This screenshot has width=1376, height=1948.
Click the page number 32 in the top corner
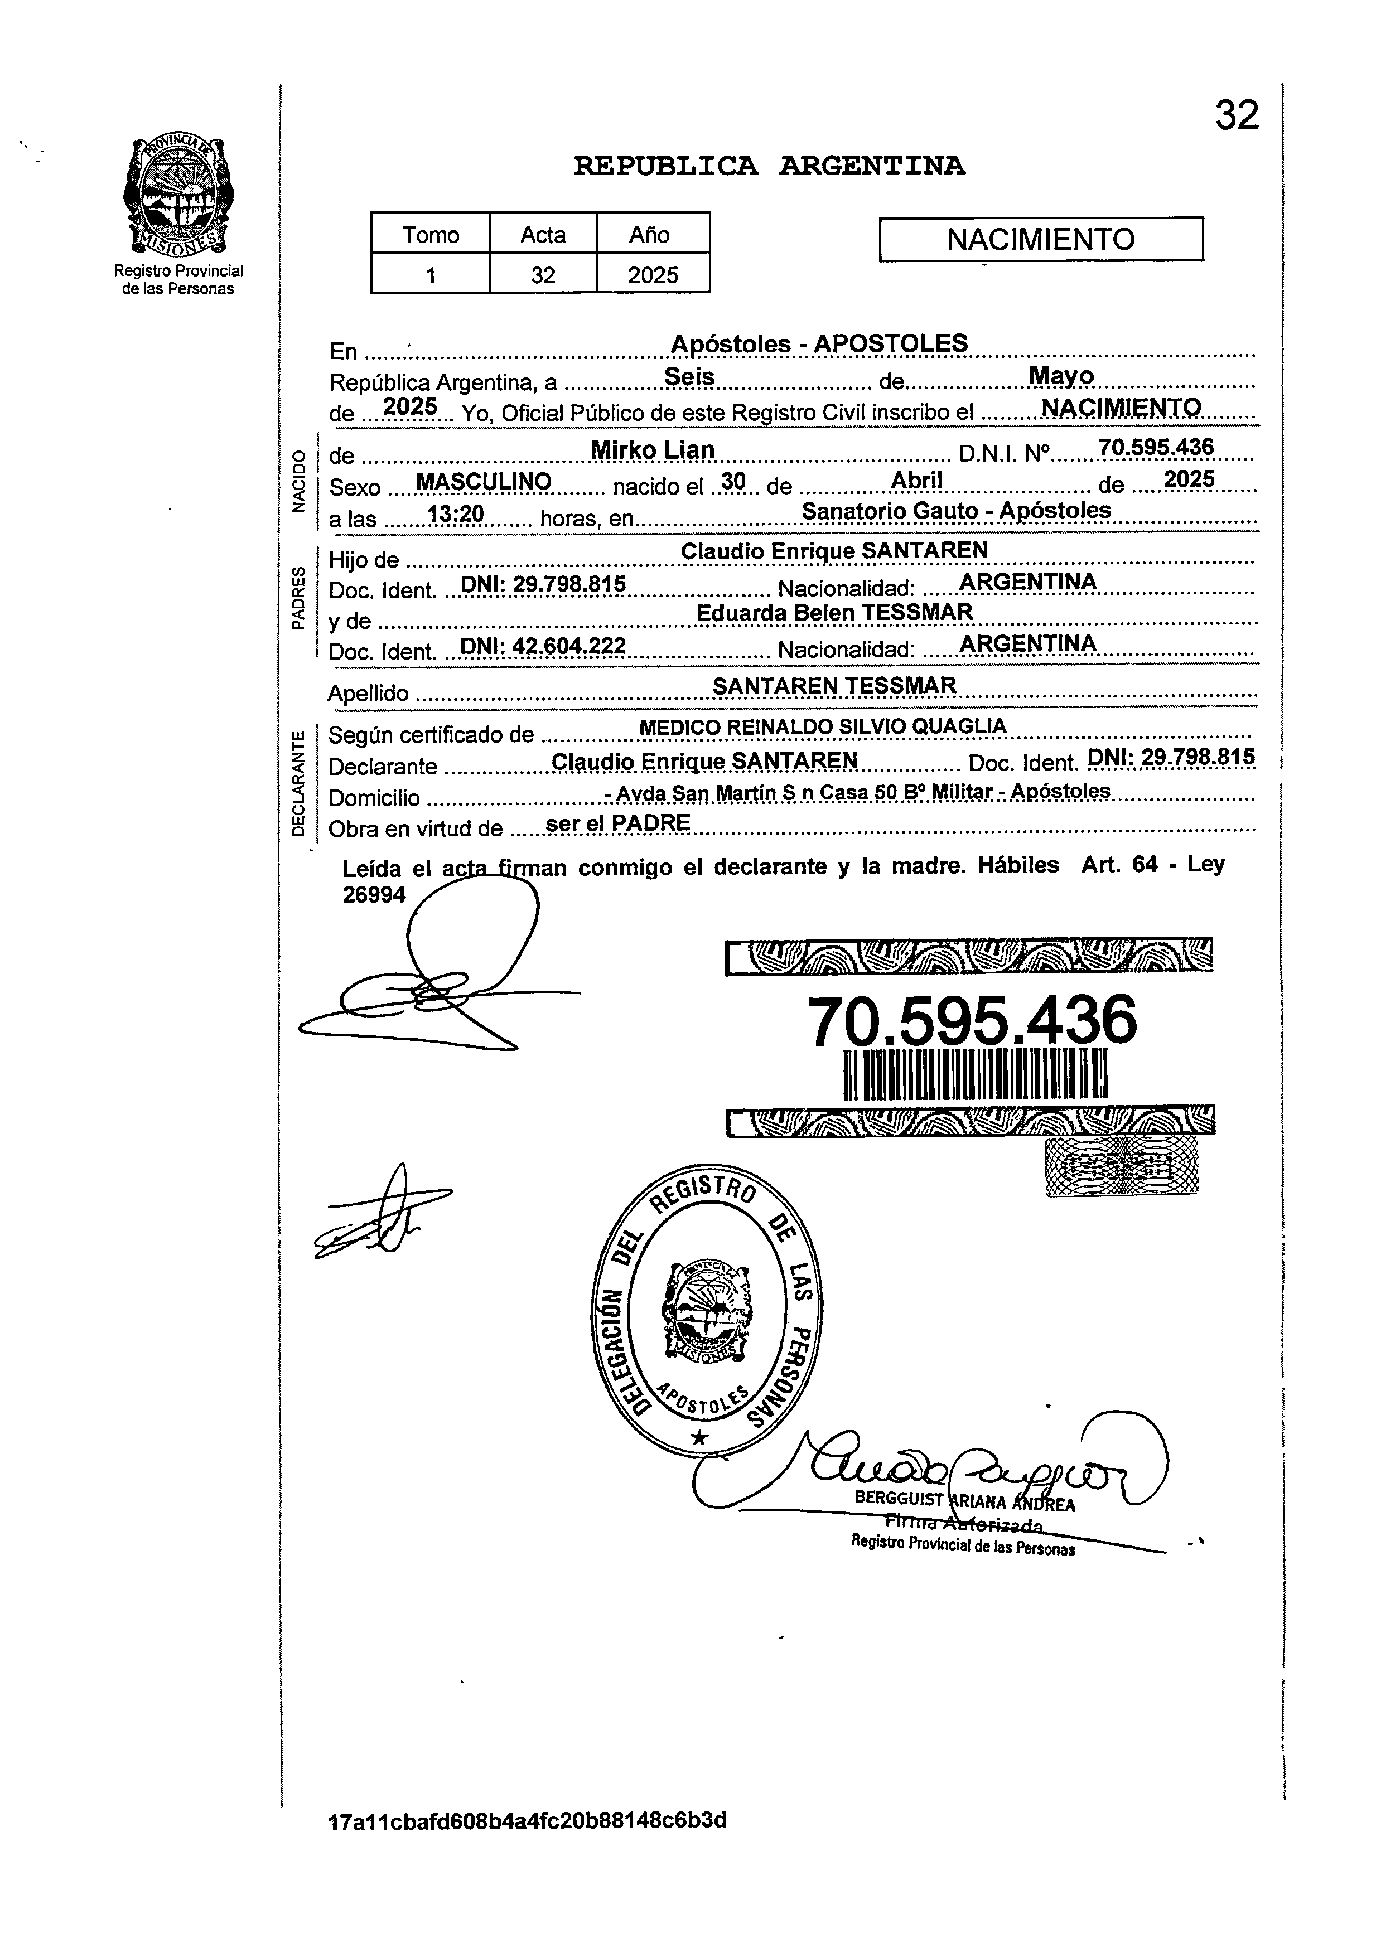(x=1237, y=115)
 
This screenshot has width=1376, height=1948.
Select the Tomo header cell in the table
(x=431, y=234)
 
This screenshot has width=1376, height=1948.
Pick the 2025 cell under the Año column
(x=653, y=275)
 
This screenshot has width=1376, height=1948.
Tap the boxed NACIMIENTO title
(x=1041, y=239)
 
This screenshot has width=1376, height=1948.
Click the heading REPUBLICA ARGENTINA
(x=769, y=166)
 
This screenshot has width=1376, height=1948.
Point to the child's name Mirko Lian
(x=652, y=450)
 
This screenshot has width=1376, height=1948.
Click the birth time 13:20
(x=455, y=513)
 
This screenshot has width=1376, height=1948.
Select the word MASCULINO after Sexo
(x=484, y=482)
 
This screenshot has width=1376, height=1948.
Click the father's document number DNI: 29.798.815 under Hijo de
(x=542, y=584)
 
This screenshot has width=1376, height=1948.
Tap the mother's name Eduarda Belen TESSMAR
(x=834, y=613)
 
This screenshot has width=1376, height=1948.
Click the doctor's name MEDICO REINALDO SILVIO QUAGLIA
(x=823, y=727)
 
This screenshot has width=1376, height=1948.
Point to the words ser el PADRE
(x=618, y=823)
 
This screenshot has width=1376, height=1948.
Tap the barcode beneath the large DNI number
(x=974, y=1075)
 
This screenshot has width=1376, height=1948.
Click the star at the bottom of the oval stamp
(x=699, y=1436)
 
